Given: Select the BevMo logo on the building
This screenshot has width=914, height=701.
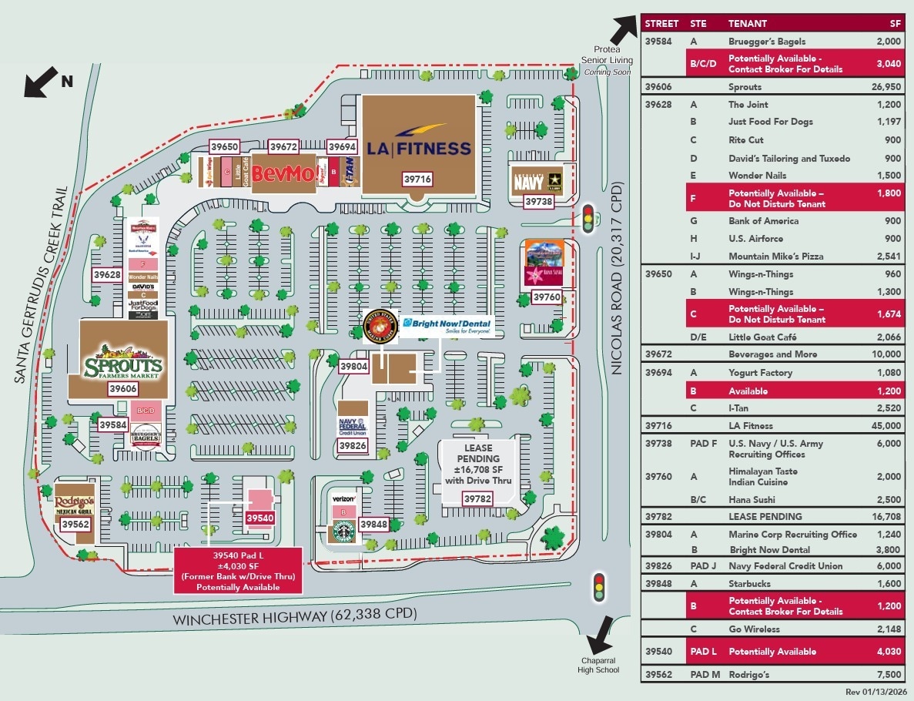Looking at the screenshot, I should point(283,173).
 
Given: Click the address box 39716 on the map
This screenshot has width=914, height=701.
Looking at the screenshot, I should point(418,179).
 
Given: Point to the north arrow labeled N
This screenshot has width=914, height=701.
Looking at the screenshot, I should point(43,82).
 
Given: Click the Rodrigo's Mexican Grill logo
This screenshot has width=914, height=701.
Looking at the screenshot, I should point(75,506).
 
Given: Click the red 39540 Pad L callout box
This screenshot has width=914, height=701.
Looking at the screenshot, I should point(238,571).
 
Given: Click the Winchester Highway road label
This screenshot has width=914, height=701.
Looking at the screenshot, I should point(294,615).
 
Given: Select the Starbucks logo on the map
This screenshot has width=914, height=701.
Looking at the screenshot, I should point(343,531).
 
